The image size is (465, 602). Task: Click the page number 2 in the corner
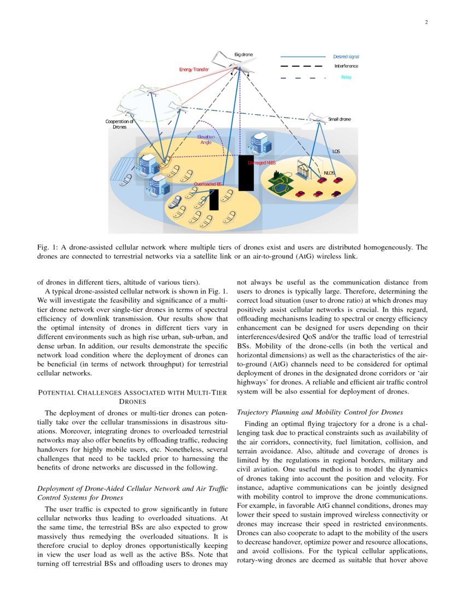point(426,22)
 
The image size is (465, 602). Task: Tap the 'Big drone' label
point(243,55)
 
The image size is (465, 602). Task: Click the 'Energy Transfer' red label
point(194,70)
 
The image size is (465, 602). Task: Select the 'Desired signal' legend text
point(346,57)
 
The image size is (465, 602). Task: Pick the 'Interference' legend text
point(346,66)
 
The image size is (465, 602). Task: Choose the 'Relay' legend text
point(346,77)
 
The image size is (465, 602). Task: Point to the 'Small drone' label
point(339,119)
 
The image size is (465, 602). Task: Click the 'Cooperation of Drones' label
point(119,124)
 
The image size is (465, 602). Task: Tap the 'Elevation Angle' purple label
point(206,140)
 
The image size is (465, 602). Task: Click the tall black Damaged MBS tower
point(246,172)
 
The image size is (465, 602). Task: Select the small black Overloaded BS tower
point(214,200)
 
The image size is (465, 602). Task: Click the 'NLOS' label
point(329,173)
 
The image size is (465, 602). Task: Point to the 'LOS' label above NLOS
point(337,151)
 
